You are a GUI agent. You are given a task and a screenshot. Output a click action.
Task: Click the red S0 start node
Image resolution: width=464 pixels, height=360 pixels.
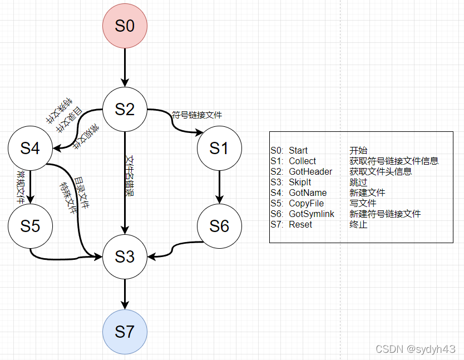point(125,26)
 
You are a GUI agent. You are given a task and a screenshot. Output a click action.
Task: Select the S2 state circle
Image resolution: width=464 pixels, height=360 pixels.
point(125,109)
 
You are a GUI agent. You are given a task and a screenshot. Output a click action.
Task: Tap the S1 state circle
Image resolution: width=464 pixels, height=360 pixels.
point(219,148)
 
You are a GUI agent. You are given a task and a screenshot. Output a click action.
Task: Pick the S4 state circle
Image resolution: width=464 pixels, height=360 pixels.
point(30,149)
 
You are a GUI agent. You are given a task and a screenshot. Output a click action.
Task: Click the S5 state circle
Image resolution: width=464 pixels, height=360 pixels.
point(30,226)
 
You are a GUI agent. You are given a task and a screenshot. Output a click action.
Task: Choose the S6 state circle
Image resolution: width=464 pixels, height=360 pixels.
point(219,226)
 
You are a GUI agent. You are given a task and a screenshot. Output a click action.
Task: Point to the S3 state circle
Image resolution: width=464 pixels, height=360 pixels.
point(125,257)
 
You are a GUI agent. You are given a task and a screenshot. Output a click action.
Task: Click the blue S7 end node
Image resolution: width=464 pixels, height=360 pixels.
point(125,332)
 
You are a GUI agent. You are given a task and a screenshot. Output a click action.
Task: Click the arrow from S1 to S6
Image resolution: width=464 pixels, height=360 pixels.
point(219,187)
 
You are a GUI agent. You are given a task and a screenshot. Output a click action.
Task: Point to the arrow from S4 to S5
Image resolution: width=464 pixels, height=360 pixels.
point(30,187)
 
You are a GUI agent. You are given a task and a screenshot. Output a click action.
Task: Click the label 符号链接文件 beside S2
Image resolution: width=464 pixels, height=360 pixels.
point(197,115)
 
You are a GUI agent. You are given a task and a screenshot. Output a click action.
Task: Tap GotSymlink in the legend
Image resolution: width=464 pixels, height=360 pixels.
point(312,214)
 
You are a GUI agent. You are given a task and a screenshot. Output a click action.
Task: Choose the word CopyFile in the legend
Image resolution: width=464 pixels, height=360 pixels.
point(306,204)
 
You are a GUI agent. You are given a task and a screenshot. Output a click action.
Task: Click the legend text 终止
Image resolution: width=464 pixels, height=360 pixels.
point(358,225)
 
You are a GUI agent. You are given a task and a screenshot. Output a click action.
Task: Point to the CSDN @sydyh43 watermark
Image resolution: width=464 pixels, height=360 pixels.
point(415,349)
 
